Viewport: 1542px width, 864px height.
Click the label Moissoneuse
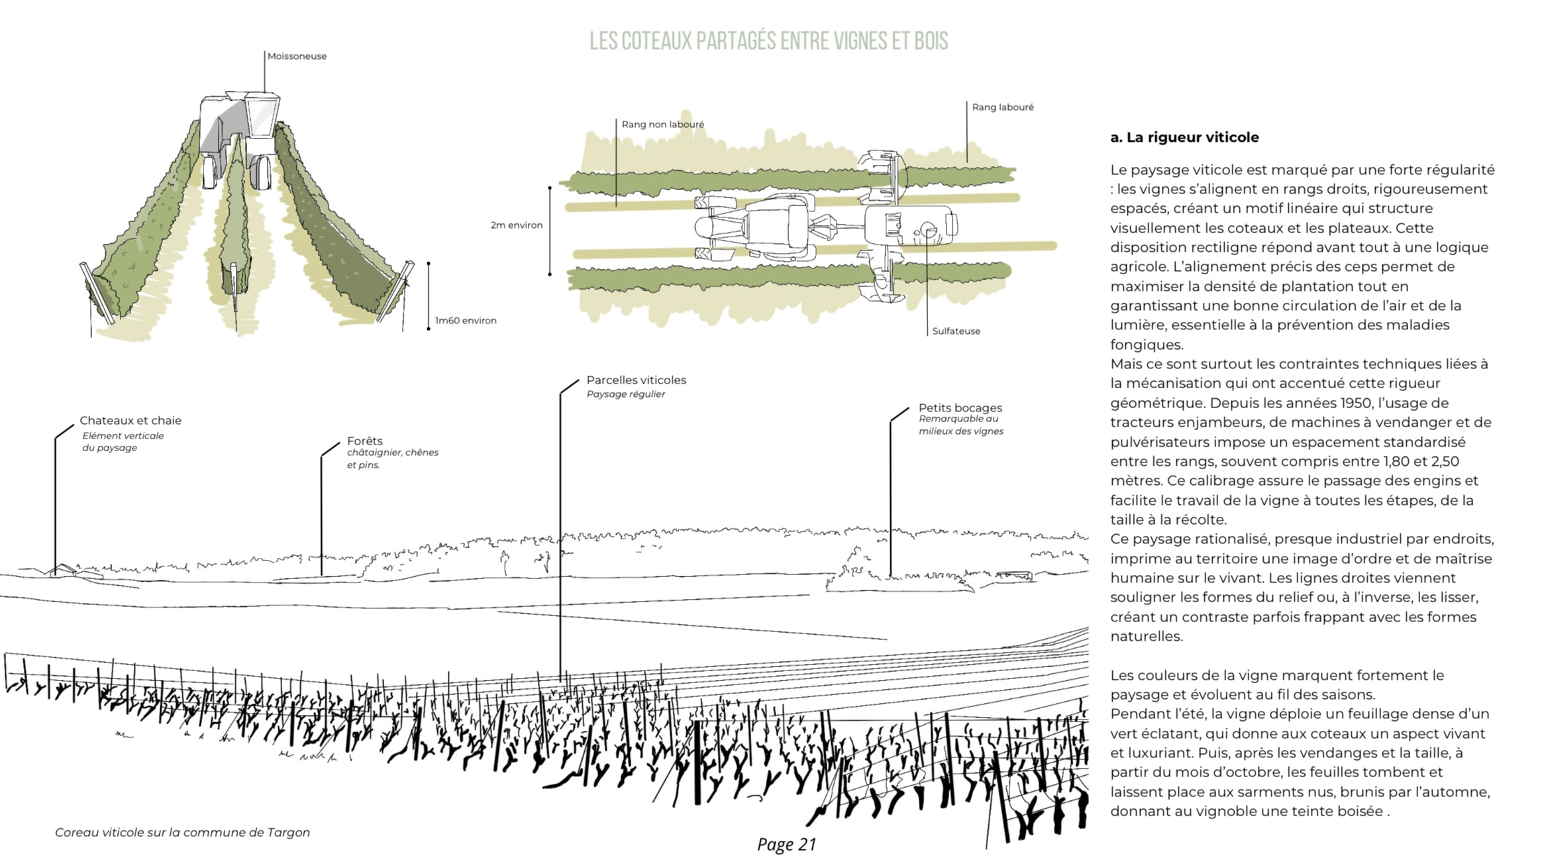[297, 56]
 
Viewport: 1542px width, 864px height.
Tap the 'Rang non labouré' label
[662, 125]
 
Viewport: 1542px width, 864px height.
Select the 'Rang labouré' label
[1002, 107]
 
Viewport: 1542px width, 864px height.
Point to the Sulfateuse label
[956, 331]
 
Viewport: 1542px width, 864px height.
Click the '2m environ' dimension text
[516, 225]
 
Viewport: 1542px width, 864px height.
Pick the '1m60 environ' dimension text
[465, 321]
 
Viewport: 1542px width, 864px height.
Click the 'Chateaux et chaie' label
[130, 421]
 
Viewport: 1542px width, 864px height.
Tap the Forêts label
[364, 441]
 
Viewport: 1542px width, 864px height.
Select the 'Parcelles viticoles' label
[636, 380]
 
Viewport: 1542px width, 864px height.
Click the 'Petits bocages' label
[960, 408]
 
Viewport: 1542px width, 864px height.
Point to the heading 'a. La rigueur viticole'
[1184, 138]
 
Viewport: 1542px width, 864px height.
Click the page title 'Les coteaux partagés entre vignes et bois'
[768, 41]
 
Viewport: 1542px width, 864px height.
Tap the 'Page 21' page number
[786, 844]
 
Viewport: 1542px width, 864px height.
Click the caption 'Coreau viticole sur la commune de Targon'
[182, 833]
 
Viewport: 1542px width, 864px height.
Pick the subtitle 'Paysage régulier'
[625, 394]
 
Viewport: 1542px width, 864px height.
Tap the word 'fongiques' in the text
[1137, 345]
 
